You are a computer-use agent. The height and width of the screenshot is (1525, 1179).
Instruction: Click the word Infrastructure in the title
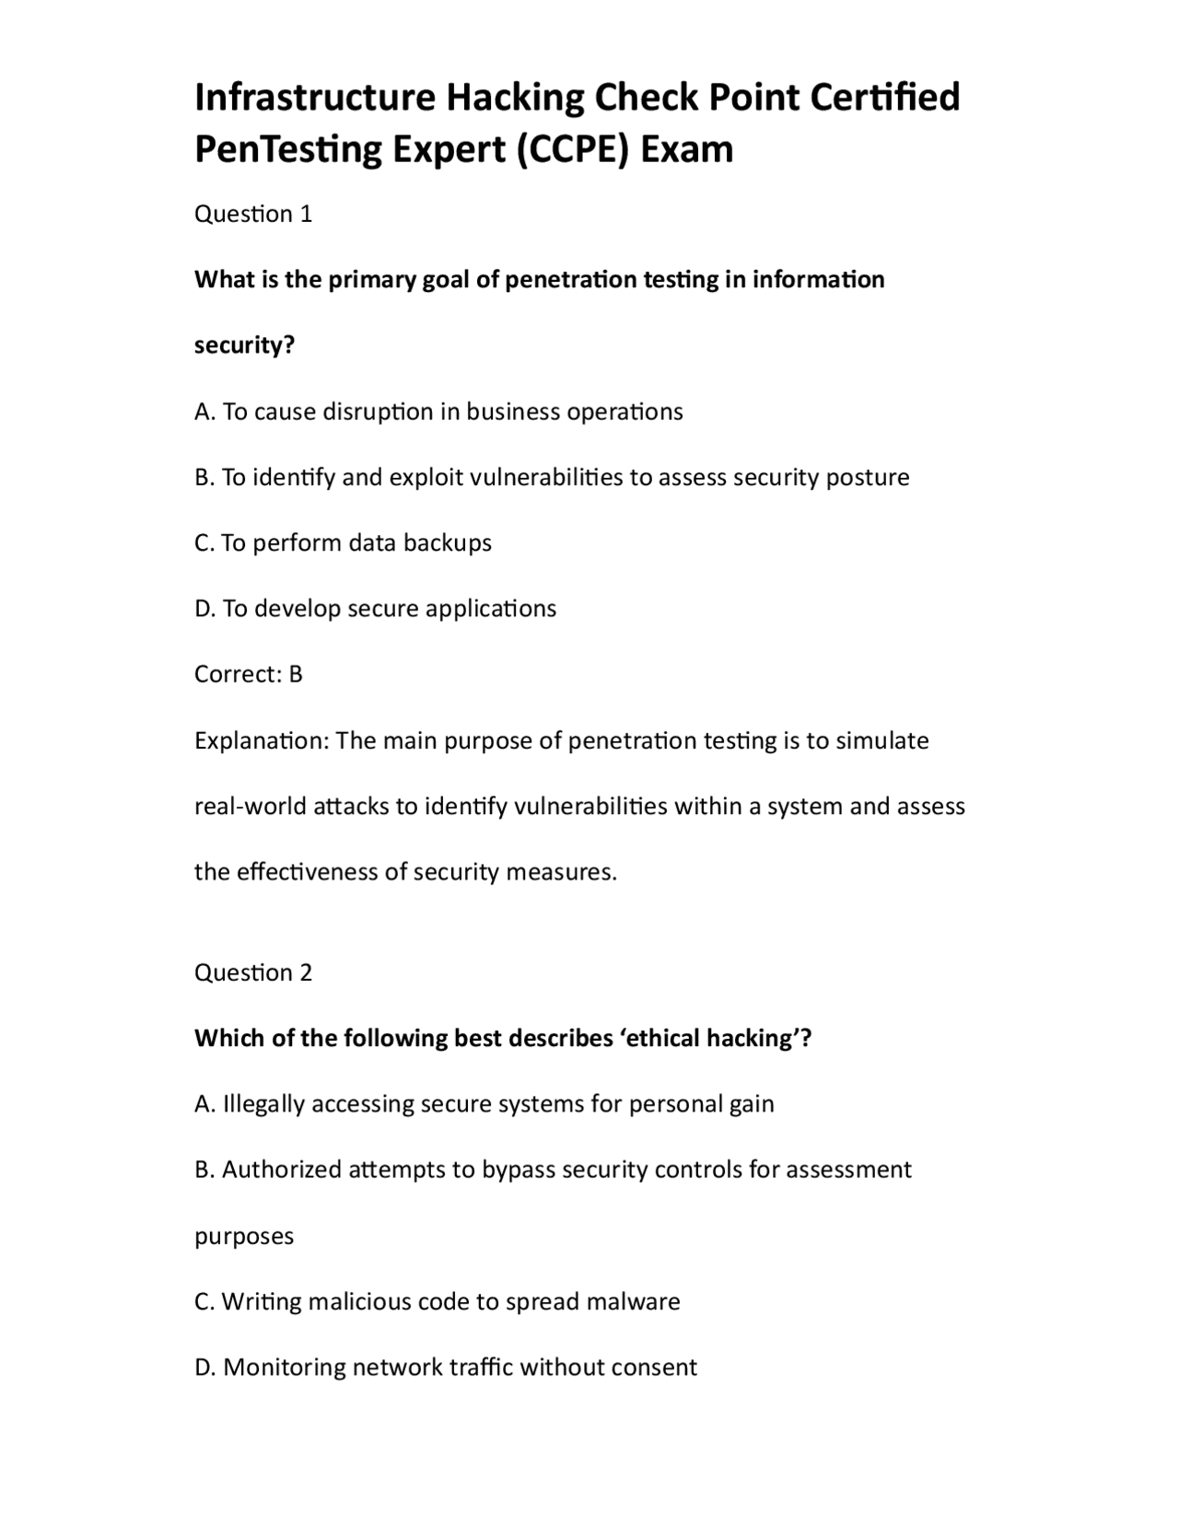pyautogui.click(x=314, y=98)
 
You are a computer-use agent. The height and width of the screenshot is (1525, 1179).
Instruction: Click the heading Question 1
pyautogui.click(x=253, y=214)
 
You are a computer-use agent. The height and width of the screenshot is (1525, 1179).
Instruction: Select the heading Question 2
pyautogui.click(x=253, y=972)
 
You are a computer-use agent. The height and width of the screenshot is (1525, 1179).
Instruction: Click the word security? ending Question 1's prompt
pyautogui.click(x=244, y=345)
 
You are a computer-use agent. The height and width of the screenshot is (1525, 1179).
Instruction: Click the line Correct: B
pyautogui.click(x=248, y=674)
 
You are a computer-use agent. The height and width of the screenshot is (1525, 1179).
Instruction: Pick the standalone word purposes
pyautogui.click(x=244, y=1236)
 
